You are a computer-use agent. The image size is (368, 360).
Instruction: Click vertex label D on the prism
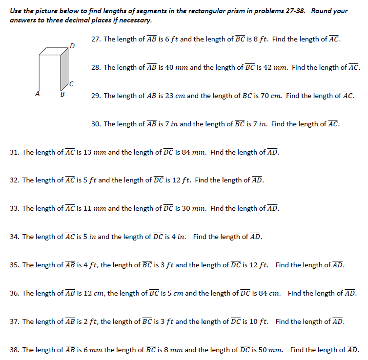pyautogui.click(x=72, y=46)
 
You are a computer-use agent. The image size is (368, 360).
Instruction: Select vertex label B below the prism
pyautogui.click(x=61, y=95)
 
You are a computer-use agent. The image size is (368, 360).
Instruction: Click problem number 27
pyautogui.click(x=96, y=39)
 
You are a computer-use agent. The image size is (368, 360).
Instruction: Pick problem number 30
pyautogui.click(x=96, y=124)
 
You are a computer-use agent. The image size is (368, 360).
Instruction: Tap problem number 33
pyautogui.click(x=14, y=208)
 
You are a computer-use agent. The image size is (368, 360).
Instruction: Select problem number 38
pyautogui.click(x=14, y=350)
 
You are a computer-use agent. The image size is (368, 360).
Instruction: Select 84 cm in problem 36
pyautogui.click(x=268, y=293)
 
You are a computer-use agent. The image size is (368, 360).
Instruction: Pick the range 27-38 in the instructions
pyautogui.click(x=293, y=11)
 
